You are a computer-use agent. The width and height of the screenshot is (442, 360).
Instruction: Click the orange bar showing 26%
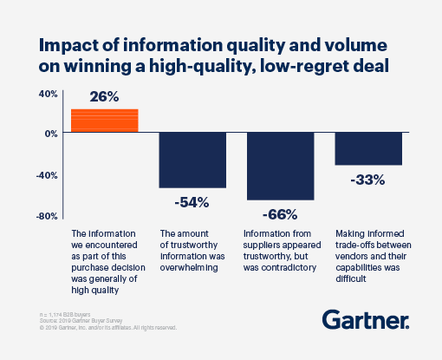[x=104, y=121]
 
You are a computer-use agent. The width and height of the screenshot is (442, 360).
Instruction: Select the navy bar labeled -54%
[x=192, y=160]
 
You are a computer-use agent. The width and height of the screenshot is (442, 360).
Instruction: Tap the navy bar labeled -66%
[x=281, y=166]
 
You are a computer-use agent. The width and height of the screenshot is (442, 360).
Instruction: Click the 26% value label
[x=104, y=98]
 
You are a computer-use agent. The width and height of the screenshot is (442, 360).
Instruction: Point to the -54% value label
[x=192, y=202]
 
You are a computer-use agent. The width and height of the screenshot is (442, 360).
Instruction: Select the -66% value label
[x=281, y=214]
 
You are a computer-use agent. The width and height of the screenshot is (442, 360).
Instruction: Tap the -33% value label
[x=368, y=180]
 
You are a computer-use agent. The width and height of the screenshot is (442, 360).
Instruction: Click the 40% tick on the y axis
[x=47, y=93]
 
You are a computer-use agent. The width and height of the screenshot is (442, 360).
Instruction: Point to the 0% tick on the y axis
[x=50, y=134]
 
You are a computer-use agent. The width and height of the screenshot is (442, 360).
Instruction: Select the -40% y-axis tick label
[x=46, y=174]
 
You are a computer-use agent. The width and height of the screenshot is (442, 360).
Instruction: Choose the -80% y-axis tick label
[x=46, y=215]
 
